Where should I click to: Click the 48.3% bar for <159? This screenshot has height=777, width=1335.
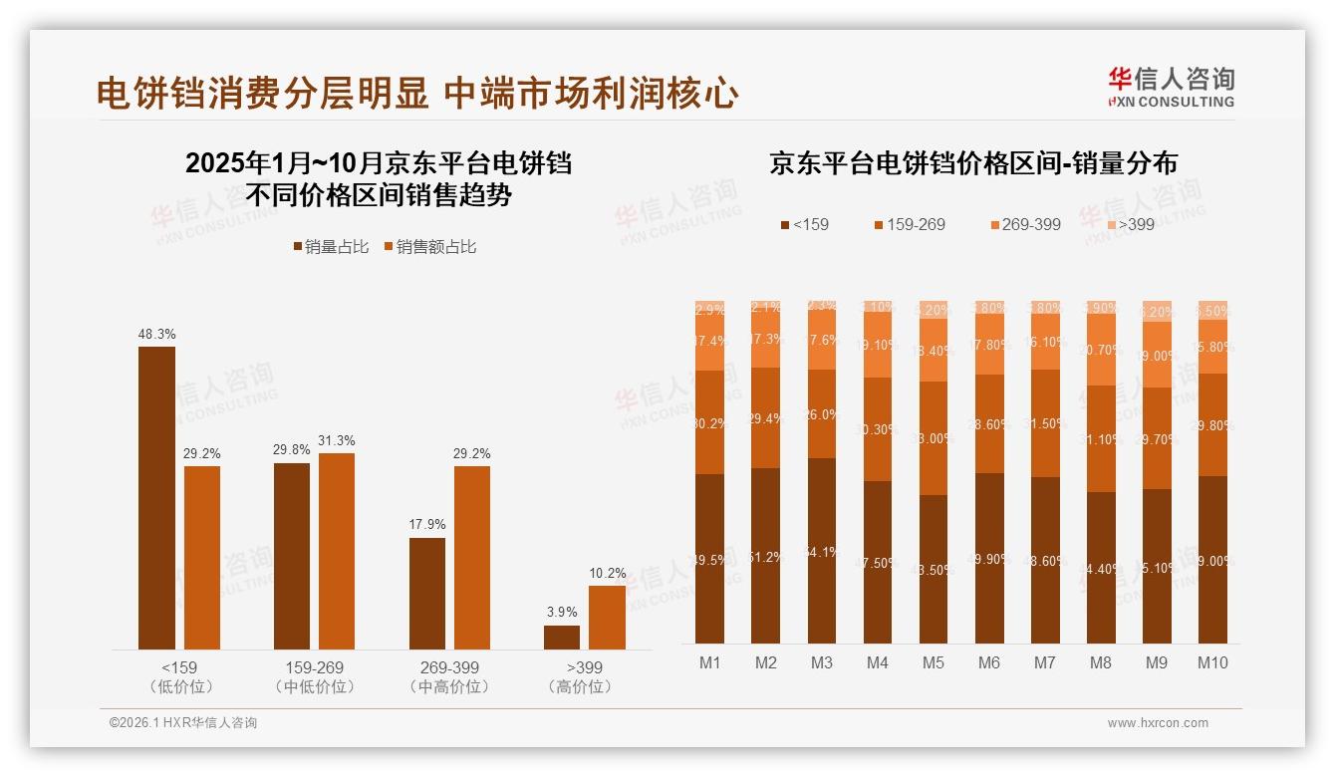[156, 498]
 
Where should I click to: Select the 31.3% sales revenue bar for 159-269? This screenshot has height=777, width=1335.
[337, 551]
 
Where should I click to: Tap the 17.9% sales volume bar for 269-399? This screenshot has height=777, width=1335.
[427, 594]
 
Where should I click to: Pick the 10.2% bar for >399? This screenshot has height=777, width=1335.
[607, 618]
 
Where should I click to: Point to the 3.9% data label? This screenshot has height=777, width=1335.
[561, 611]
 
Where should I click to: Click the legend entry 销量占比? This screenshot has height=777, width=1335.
[330, 247]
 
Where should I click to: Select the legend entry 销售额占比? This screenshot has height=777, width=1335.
[429, 247]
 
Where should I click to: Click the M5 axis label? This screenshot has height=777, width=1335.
[933, 663]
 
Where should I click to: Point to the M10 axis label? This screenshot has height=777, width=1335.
[1212, 663]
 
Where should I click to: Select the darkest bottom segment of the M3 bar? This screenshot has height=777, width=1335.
[822, 551]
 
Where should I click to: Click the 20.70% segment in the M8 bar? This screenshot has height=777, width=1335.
[1101, 350]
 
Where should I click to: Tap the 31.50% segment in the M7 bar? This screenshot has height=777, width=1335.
[1045, 423]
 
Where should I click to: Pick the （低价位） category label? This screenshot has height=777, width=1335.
[180, 687]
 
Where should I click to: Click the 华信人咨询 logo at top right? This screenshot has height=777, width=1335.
[1171, 87]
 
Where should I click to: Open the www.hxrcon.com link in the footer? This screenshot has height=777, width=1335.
[1158, 723]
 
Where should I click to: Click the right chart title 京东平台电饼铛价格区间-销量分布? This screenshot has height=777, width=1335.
[972, 164]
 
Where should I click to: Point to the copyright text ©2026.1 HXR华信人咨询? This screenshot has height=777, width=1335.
[183, 723]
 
